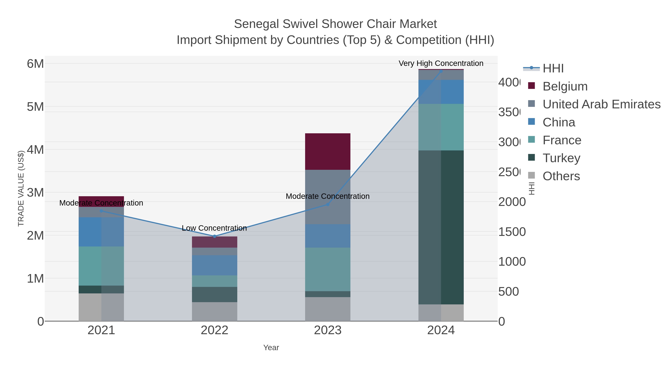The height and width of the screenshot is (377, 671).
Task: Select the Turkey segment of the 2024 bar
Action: click(x=441, y=227)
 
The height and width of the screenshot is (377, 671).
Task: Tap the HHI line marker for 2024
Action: click(x=441, y=71)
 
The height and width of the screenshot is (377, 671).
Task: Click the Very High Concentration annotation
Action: click(x=441, y=63)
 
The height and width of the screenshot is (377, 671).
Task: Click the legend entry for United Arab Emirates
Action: click(x=601, y=104)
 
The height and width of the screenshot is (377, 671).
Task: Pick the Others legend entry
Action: click(x=561, y=176)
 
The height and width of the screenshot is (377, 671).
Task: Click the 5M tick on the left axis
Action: click(x=35, y=107)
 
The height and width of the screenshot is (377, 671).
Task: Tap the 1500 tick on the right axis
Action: click(x=512, y=232)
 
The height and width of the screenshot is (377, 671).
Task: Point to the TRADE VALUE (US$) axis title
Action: click(x=21, y=188)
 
